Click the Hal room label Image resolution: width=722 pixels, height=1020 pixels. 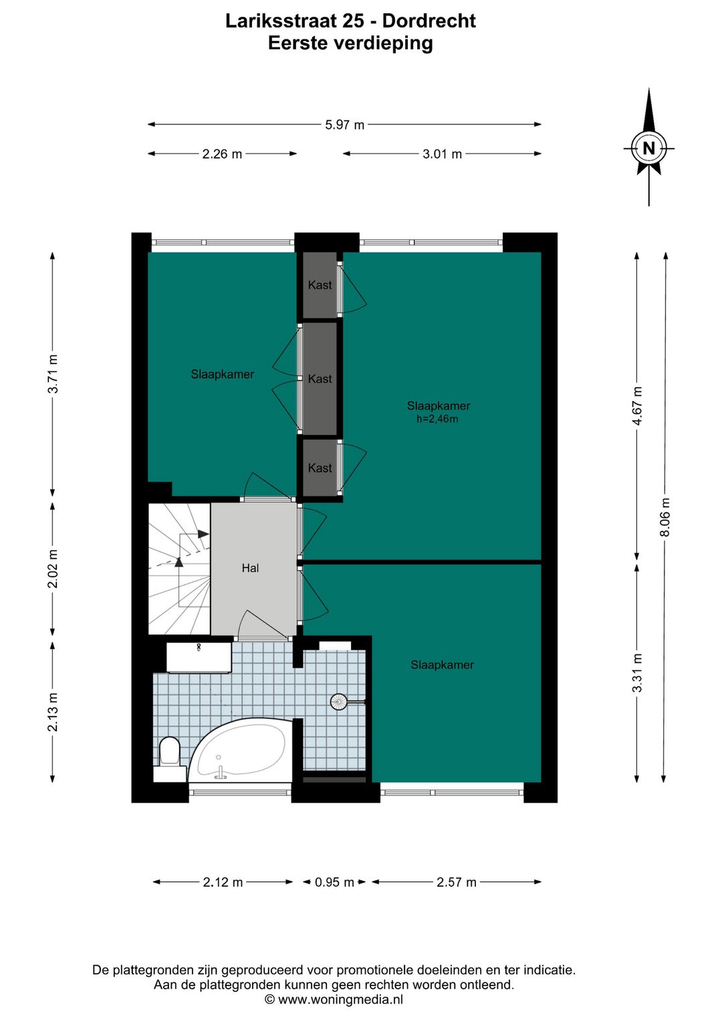click(x=250, y=568)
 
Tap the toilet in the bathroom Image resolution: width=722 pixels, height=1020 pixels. click(x=170, y=758)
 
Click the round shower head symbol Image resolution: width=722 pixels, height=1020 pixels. click(x=338, y=701)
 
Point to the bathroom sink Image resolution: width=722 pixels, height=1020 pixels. click(x=199, y=658)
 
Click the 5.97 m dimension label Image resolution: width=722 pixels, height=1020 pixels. click(x=344, y=125)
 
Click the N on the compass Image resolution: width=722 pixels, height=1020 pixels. click(x=648, y=148)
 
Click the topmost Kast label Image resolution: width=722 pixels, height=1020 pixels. click(x=320, y=285)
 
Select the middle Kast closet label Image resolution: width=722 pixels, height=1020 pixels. click(x=320, y=379)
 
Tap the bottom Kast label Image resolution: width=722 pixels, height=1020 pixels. click(x=320, y=468)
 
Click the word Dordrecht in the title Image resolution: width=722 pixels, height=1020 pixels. click(x=429, y=21)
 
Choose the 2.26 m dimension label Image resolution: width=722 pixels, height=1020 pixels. click(x=222, y=154)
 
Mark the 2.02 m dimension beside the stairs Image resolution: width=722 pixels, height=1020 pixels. click(x=53, y=568)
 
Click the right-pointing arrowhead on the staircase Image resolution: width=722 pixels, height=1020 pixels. click(x=203, y=534)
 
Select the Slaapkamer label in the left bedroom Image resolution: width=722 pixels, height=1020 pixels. click(x=223, y=374)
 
